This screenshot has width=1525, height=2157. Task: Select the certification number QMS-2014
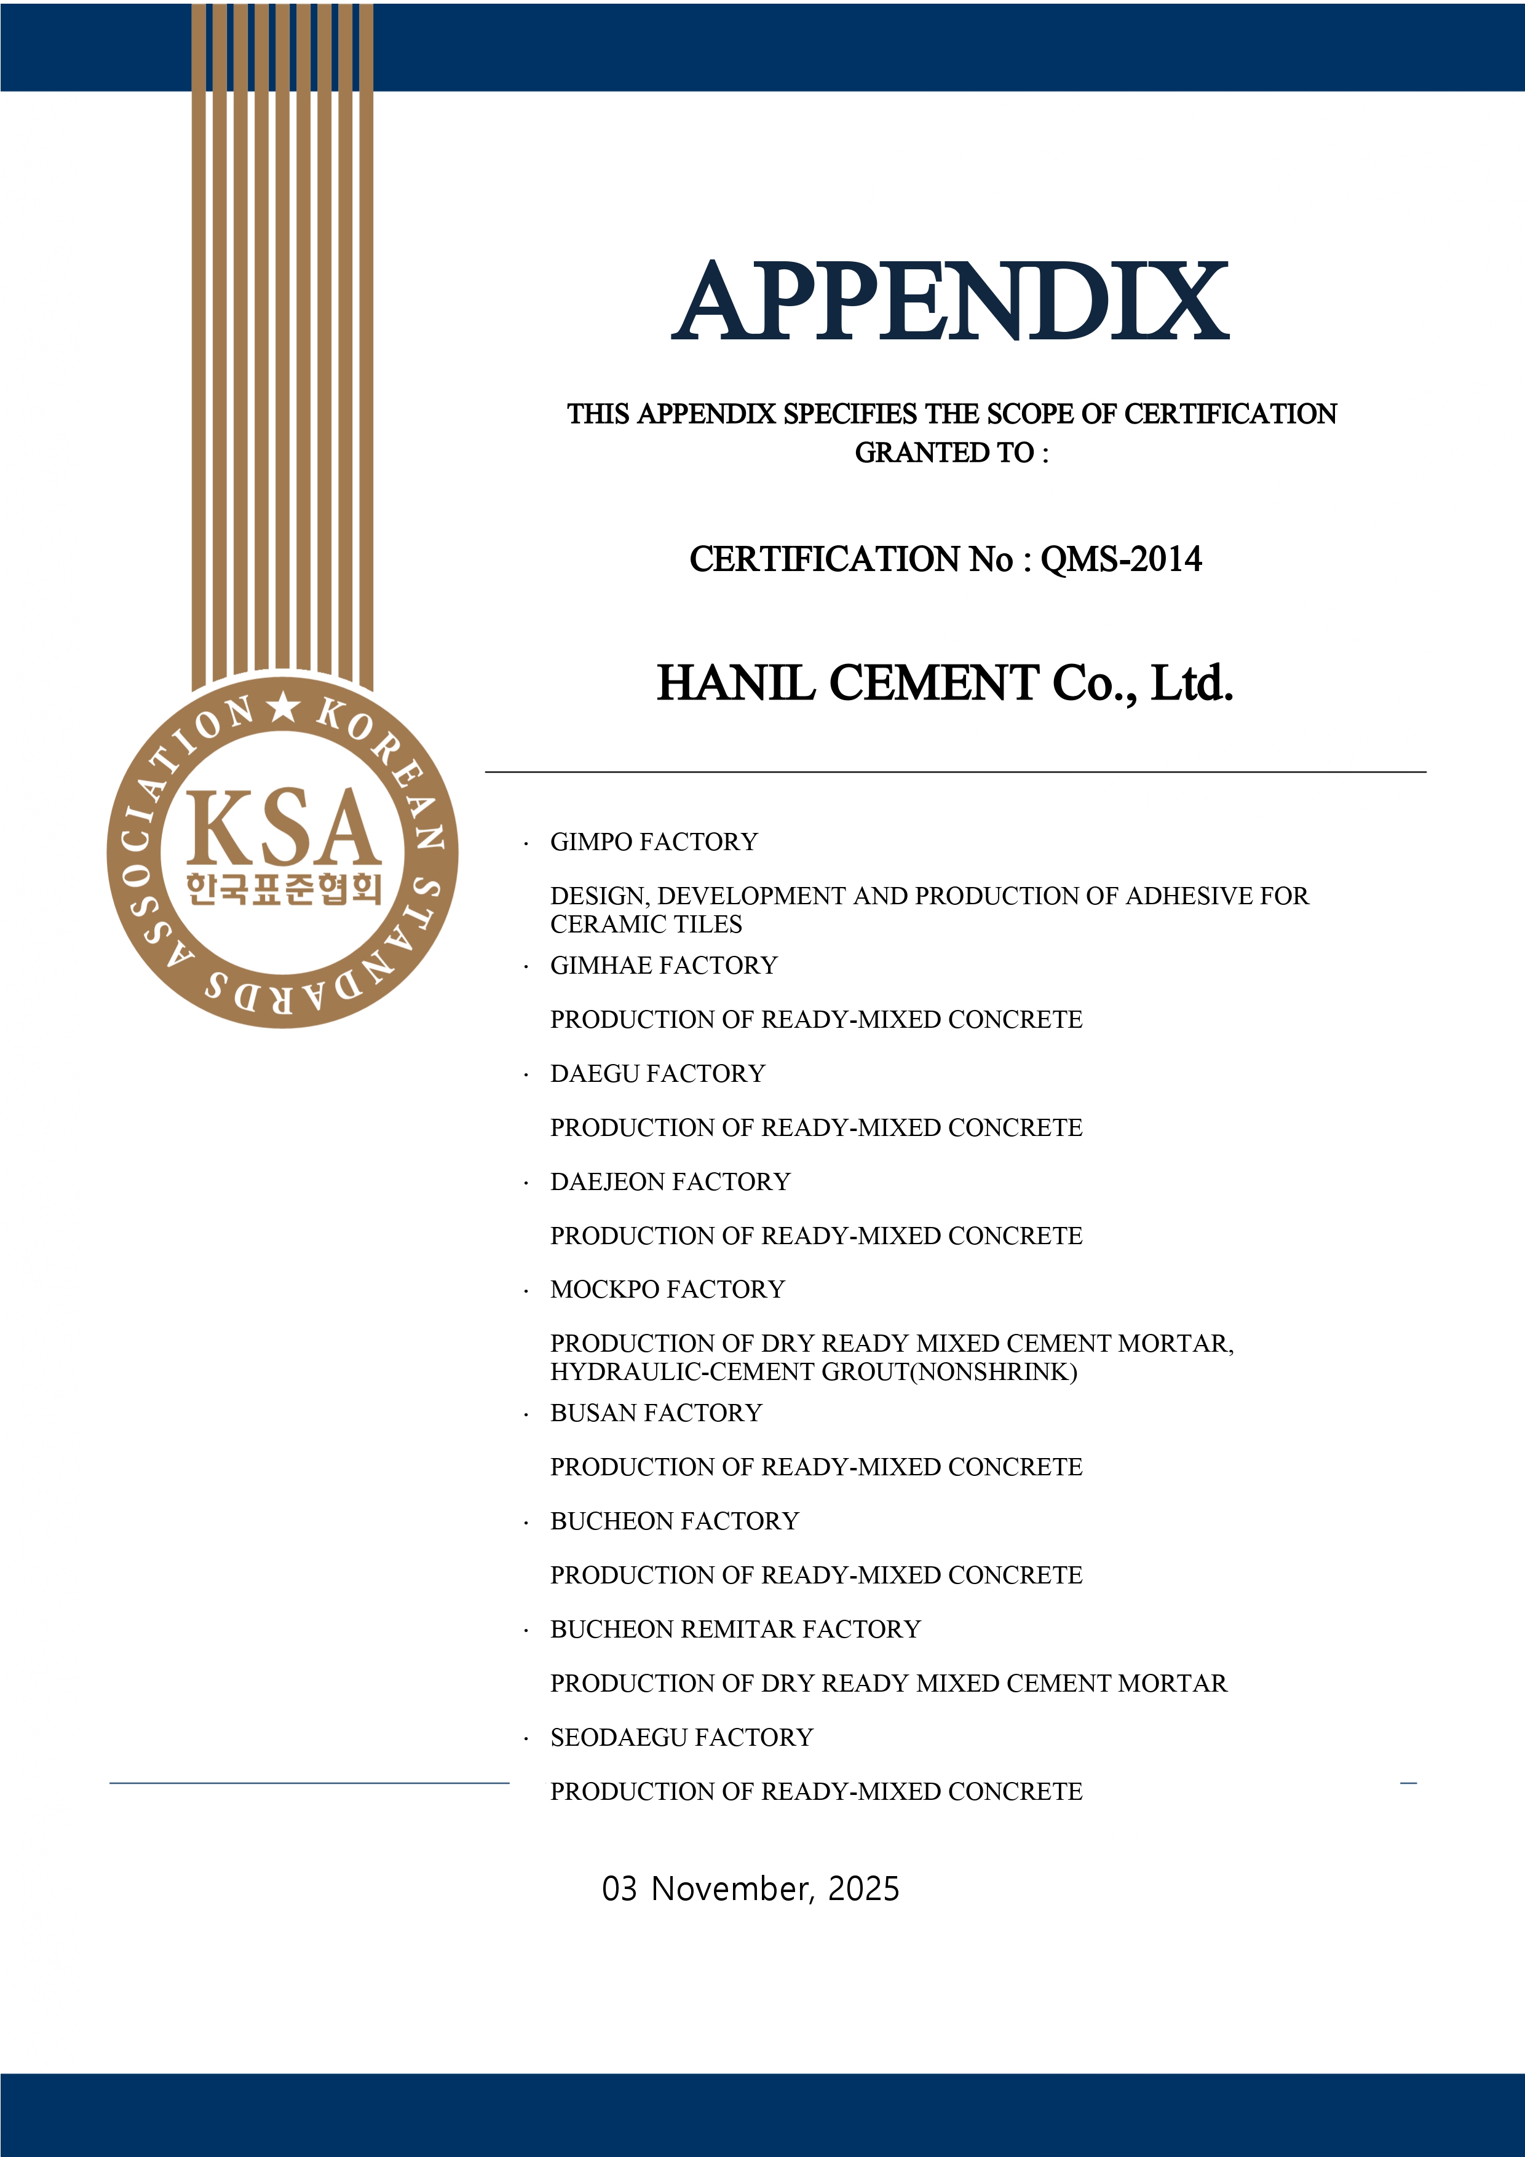1120,559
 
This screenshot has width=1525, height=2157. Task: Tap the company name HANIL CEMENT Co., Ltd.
945,683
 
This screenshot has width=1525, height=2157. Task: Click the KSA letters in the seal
283,827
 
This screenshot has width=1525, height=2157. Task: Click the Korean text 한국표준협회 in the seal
283,888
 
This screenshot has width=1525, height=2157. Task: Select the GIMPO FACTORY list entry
654,842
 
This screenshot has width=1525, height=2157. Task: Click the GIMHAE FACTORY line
663,966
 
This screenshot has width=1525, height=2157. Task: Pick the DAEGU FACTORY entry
658,1074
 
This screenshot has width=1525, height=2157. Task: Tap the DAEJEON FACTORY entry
670,1182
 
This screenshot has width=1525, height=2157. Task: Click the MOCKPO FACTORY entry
667,1290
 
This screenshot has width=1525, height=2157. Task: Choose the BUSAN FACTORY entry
656,1413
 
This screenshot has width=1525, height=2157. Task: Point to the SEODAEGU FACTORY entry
681,1737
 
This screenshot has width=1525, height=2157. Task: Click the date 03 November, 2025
750,1888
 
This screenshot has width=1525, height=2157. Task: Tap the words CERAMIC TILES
646,925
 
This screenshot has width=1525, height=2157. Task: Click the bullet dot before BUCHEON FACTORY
526,1523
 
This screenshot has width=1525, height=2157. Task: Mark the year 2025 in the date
863,1888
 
